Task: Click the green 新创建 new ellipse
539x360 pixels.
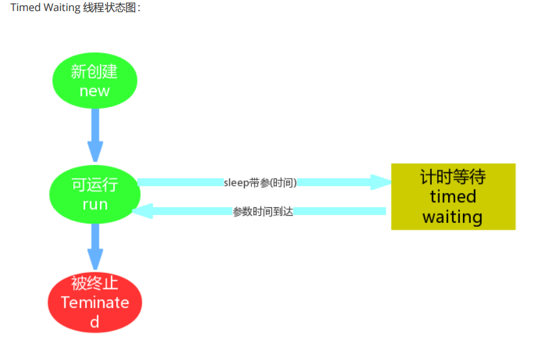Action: pos(95,81)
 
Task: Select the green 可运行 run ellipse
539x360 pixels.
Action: pos(95,194)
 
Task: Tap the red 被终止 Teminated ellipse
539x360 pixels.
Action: pos(95,302)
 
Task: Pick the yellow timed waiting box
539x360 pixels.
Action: pos(453,196)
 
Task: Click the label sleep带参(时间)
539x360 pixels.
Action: pos(260,183)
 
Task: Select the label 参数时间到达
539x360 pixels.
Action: pos(263,211)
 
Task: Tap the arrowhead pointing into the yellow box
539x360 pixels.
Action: pos(379,182)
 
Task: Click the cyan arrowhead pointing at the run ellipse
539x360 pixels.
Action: pos(142,211)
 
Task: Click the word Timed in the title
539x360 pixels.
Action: pos(23,7)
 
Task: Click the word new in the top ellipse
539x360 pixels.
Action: pos(95,91)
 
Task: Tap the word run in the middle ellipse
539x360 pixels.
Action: pos(95,204)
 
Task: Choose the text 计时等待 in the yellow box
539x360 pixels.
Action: pos(453,177)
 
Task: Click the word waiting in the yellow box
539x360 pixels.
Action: pos(453,216)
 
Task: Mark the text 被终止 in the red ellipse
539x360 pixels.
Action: pos(95,283)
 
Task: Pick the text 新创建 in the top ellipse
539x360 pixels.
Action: pos(95,71)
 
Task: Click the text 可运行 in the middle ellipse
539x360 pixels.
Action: pos(95,185)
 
